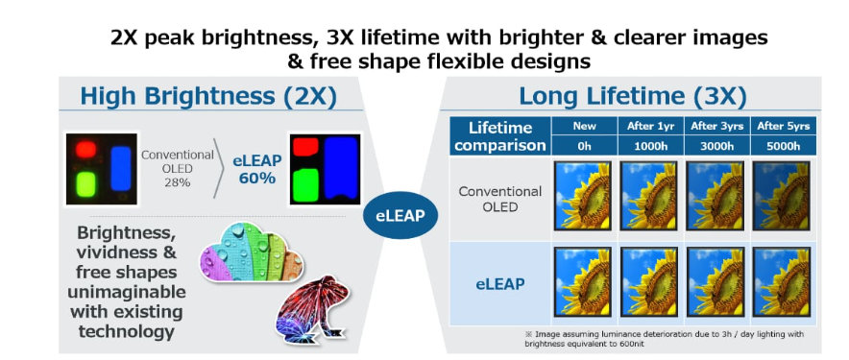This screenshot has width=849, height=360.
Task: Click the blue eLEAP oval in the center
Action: tap(400, 215)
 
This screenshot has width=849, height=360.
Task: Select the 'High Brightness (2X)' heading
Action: tap(208, 96)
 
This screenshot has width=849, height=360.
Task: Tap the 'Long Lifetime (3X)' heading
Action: tap(632, 96)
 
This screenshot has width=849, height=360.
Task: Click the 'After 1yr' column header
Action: tap(650, 126)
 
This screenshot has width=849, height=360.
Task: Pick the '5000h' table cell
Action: tap(783, 146)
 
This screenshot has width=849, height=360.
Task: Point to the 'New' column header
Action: tap(584, 126)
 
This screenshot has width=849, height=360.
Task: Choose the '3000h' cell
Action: tap(716, 146)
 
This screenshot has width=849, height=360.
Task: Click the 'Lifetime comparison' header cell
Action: tap(499, 136)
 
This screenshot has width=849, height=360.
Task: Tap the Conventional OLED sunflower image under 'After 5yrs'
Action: tap(782, 196)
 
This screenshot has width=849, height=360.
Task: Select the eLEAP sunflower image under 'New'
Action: tap(583, 282)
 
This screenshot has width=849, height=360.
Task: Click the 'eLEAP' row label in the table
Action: tap(499, 283)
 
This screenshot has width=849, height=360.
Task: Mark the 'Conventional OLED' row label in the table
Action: tap(499, 199)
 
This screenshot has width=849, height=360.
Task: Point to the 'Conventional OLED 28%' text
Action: tap(178, 168)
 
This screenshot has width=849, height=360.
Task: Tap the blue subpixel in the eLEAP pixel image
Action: tap(341, 168)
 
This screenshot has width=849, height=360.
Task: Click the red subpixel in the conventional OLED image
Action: tap(85, 150)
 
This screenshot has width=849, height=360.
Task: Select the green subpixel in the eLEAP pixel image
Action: tap(306, 185)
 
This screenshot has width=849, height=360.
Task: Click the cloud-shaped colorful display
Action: tap(252, 252)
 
